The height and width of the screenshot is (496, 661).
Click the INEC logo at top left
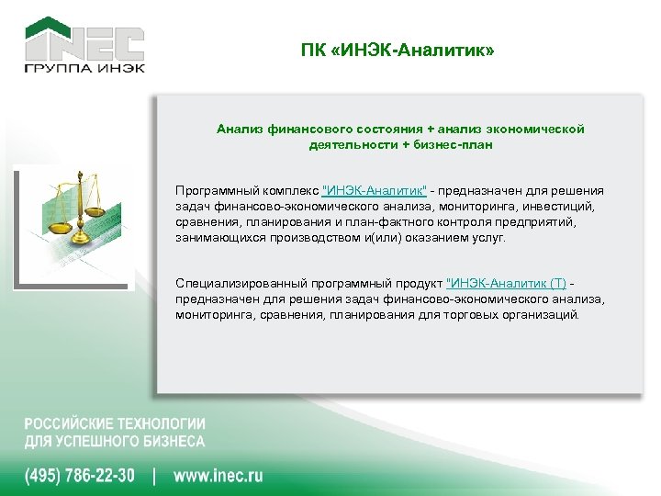pos(84,40)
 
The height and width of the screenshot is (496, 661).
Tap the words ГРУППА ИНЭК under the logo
pos(84,71)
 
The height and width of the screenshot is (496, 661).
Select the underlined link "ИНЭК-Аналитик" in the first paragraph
pos(375,190)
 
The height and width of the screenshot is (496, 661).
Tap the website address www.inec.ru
pos(218,476)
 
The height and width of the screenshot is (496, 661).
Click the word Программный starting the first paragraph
pos(212,190)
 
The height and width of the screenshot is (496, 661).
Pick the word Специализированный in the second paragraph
pos(230,283)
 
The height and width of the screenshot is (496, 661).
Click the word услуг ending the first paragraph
pos(487,237)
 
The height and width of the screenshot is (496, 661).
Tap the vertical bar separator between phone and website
pos(154,476)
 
